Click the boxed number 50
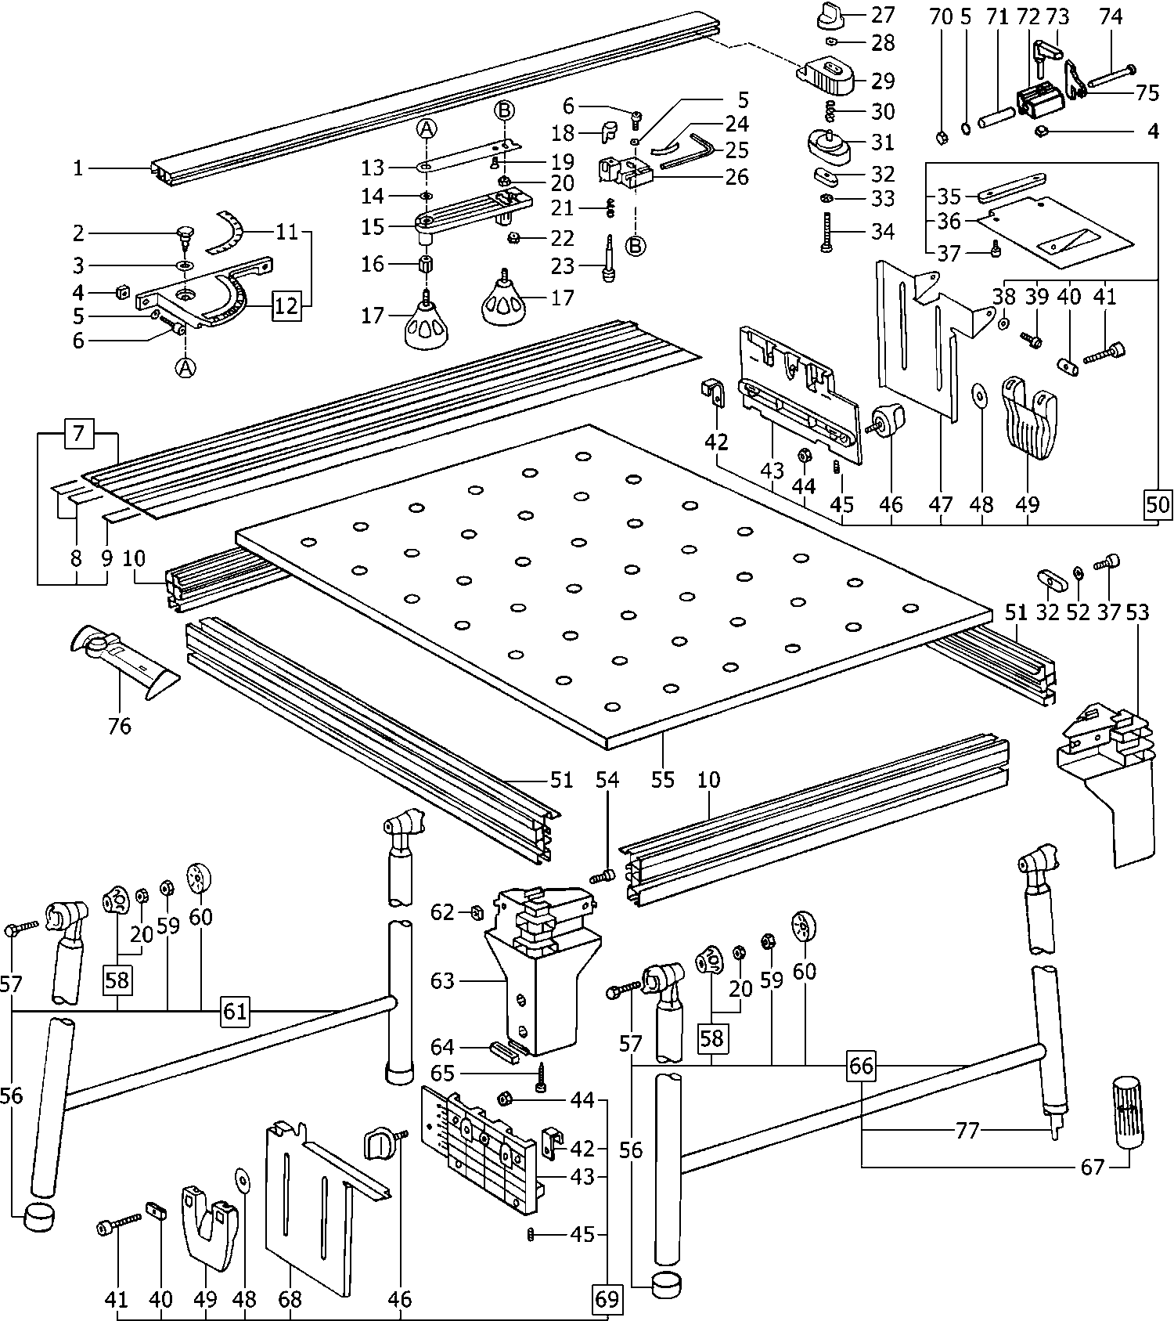(1158, 504)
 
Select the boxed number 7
(78, 433)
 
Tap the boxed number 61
(235, 1011)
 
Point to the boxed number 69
(607, 1299)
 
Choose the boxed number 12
(286, 305)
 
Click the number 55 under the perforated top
(662, 780)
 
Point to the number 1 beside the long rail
(77, 168)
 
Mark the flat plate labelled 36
(1053, 226)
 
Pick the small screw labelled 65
(541, 1080)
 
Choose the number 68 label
(290, 1299)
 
